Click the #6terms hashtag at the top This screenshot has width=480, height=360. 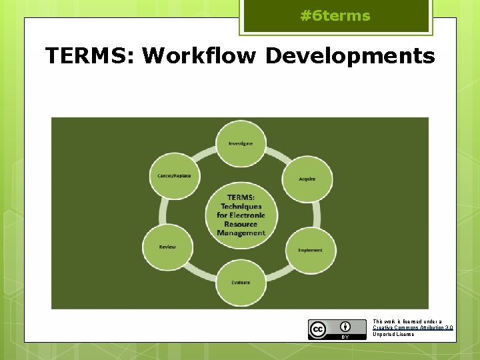click(335, 16)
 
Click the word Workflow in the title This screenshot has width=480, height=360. click(199, 56)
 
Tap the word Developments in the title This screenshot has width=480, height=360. click(350, 56)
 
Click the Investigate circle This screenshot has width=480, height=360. click(241, 143)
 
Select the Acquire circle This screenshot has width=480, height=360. click(307, 179)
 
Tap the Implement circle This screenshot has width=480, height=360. click(310, 250)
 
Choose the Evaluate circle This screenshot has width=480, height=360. click(241, 282)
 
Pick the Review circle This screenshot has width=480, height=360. click(167, 247)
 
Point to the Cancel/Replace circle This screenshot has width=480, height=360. click(174, 176)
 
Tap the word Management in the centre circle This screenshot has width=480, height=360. click(241, 233)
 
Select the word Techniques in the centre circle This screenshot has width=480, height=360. click(241, 207)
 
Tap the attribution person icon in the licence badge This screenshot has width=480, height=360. click(345, 327)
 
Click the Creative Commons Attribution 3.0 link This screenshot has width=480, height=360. click(413, 327)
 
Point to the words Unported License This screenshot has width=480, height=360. click(393, 334)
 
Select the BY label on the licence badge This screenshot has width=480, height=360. click(345, 337)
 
